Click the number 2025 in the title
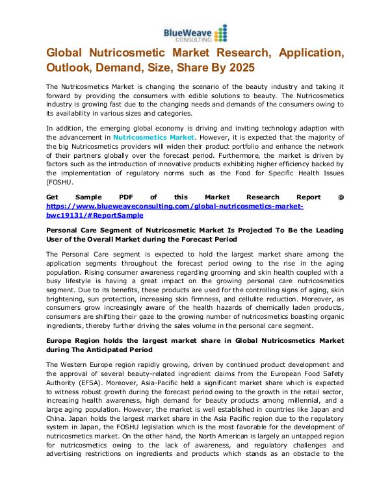tap(237, 67)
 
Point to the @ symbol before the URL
tap(340, 195)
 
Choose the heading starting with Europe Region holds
tap(195, 344)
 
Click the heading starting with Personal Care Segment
tap(195, 234)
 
